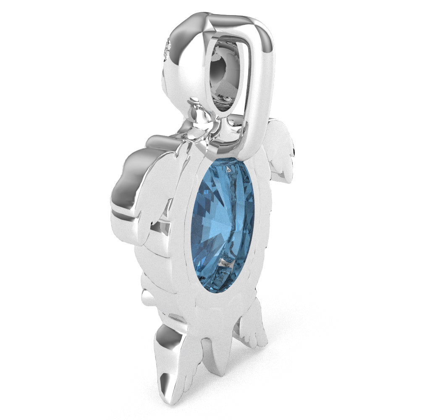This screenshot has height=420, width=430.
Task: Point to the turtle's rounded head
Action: point(185,59)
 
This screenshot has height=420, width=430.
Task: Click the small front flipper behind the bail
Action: point(279,151)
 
